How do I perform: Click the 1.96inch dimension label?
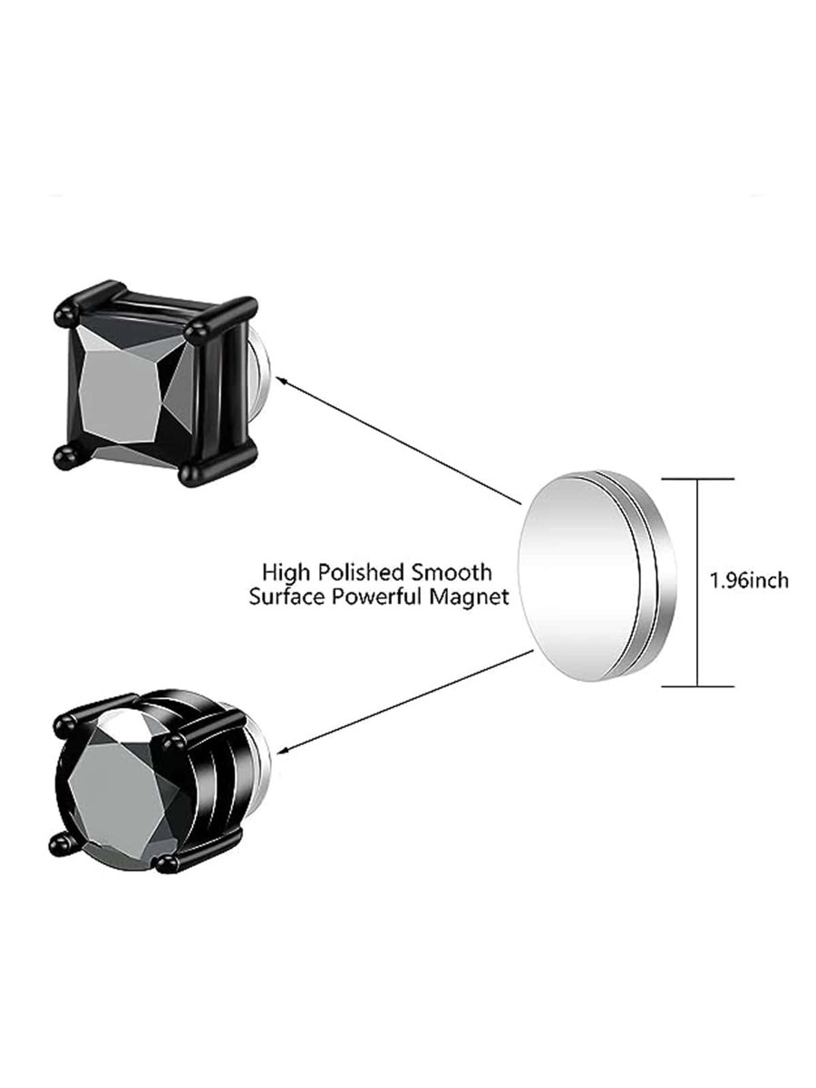(749, 580)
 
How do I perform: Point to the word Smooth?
(455, 572)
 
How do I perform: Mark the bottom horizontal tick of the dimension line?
(697, 685)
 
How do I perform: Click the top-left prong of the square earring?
(64, 316)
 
